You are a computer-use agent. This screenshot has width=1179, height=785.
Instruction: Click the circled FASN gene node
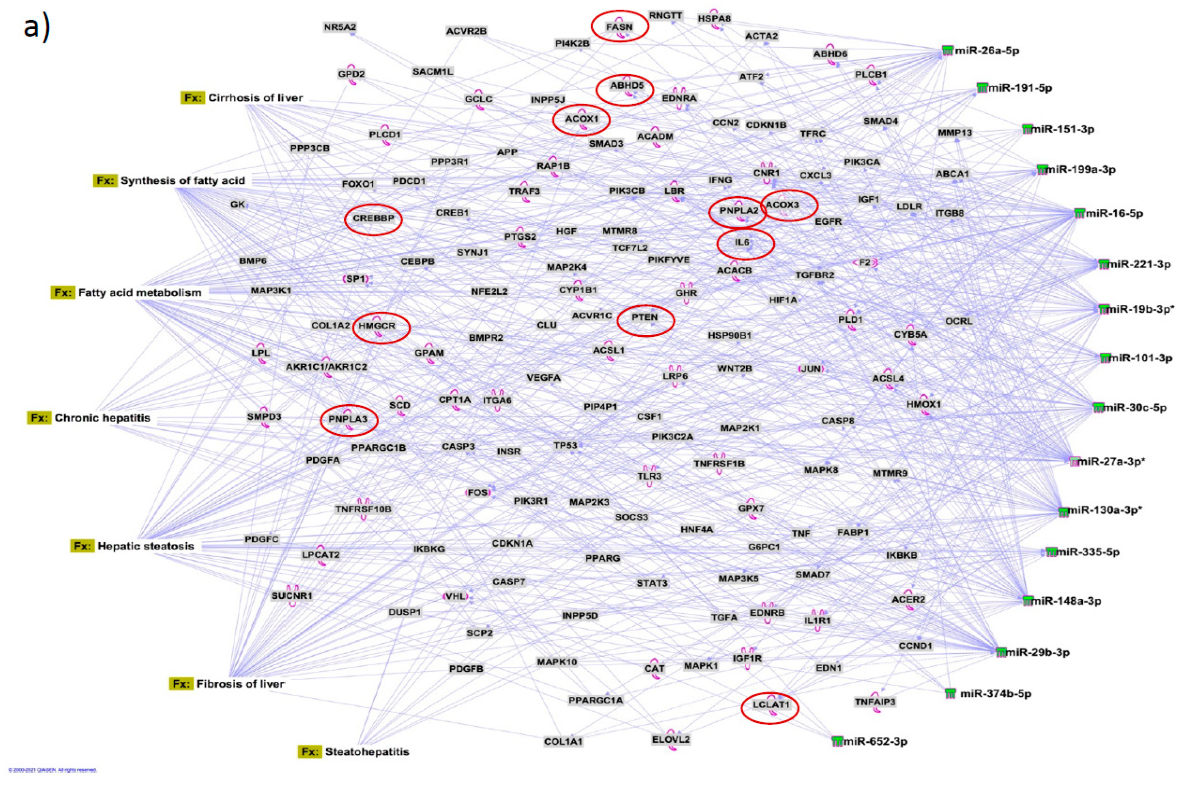pyautogui.click(x=620, y=27)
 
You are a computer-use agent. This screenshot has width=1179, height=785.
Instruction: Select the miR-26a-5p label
pyautogui.click(x=986, y=50)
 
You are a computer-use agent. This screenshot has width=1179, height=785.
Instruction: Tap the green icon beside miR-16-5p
pyautogui.click(x=1079, y=213)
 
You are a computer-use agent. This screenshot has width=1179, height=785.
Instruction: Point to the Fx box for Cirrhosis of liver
pyautogui.click(x=193, y=98)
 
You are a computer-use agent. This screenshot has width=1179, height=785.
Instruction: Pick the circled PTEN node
pyautogui.click(x=645, y=317)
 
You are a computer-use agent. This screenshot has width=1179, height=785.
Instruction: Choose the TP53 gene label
pyautogui.click(x=565, y=445)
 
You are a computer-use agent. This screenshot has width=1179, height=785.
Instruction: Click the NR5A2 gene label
pyautogui.click(x=340, y=27)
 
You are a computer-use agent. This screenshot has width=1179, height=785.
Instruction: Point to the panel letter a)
pyautogui.click(x=36, y=28)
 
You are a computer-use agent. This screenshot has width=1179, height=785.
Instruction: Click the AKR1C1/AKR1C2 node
pyautogui.click(x=326, y=367)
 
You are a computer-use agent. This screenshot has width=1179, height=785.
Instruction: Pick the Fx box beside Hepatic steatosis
pyautogui.click(x=81, y=546)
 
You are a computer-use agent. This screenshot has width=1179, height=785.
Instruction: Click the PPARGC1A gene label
pyautogui.click(x=595, y=700)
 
